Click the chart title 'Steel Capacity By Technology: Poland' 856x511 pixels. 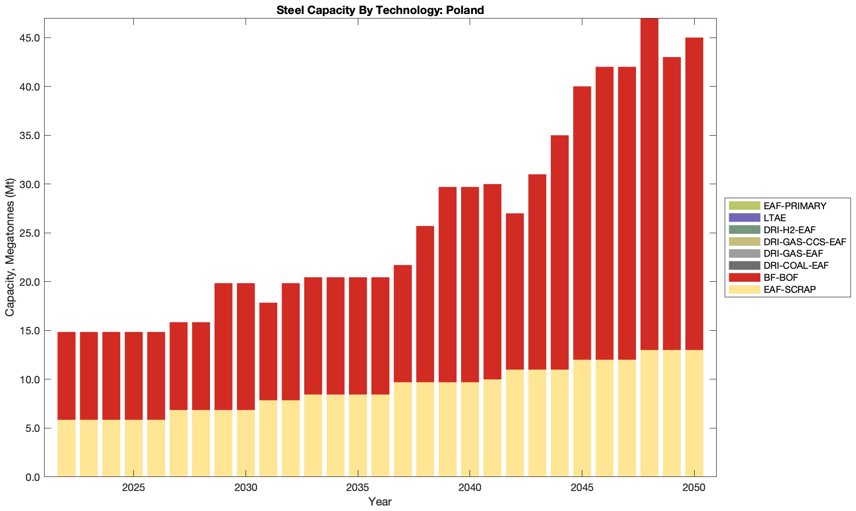(x=380, y=10)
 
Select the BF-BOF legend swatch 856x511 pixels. (x=744, y=277)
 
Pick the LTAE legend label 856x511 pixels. (x=774, y=218)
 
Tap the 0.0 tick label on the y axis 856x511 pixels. (x=32, y=477)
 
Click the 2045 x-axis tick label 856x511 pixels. (x=582, y=488)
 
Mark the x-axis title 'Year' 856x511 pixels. (x=380, y=501)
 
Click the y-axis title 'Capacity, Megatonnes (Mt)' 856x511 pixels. (x=10, y=247)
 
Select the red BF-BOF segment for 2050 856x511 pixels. (x=694, y=194)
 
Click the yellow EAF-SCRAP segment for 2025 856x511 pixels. (x=134, y=448)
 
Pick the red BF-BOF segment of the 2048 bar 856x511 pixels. (x=650, y=184)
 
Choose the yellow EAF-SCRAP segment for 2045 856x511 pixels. (x=582, y=418)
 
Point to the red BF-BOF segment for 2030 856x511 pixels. (x=246, y=346)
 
